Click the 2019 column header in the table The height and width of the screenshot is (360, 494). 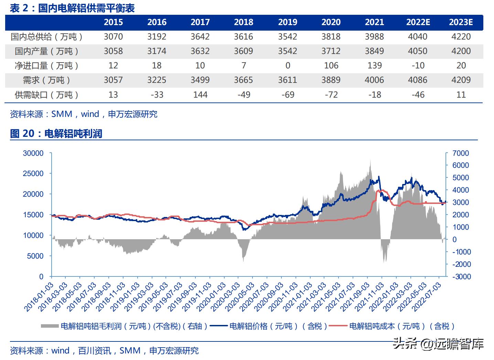coord(288,22)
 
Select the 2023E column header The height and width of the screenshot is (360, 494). coord(461,22)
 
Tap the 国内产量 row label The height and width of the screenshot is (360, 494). coord(47,51)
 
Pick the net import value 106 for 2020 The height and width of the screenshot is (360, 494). coord(331,66)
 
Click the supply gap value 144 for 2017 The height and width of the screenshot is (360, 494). coord(200,95)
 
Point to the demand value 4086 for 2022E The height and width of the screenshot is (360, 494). coord(418,80)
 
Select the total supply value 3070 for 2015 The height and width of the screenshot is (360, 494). coord(113,37)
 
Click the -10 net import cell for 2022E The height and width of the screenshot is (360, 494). coord(418,66)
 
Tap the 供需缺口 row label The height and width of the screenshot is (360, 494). coord(47,95)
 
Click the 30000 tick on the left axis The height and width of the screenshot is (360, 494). coord(33,153)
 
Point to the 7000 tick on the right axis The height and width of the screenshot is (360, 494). coord(461,153)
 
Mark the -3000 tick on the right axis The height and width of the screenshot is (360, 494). coord(461,277)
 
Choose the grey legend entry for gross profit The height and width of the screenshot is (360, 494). coord(124,326)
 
